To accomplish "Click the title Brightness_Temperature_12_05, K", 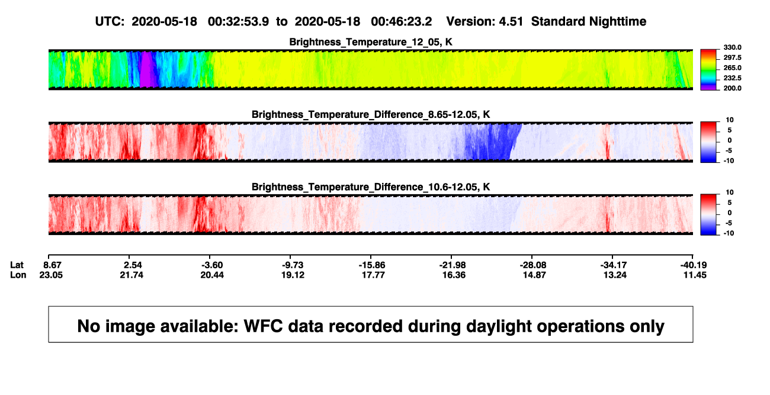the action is coord(371,42).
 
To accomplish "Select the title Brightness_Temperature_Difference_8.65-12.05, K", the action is coord(371,114).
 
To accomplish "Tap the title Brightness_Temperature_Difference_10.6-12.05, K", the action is coord(371,187).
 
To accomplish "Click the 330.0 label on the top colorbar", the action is coord(732,47).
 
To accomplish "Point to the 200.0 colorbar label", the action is coord(732,88).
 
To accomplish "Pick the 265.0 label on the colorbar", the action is coord(732,68).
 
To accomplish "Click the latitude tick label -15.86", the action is coord(372,265).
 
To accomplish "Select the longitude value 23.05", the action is coord(51,275).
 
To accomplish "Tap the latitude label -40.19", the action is coord(693,265).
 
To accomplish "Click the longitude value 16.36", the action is coord(454,275).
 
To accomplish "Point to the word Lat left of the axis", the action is coord(17,265).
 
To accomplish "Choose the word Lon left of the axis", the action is coord(18,275).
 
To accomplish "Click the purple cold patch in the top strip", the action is coord(149,69).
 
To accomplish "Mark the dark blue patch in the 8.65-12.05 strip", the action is coord(492,142).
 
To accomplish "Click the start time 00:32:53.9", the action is coord(238,22).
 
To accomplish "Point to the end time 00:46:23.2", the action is coord(402,22).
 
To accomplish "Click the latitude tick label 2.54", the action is coord(133,265).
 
